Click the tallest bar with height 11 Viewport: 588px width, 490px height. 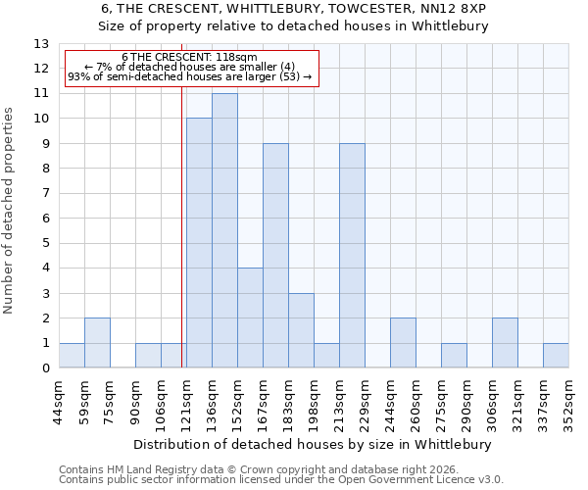(x=224, y=230)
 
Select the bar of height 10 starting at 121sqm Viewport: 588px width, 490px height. (x=199, y=243)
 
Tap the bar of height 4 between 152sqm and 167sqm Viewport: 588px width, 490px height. (x=250, y=318)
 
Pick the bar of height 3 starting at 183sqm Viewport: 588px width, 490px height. (x=301, y=330)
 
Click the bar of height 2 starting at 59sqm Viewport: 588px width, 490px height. (x=97, y=343)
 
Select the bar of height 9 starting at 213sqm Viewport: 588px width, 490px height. (x=352, y=256)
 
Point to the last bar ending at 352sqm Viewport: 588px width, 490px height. (x=556, y=356)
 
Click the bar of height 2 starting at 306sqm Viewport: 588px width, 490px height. (x=505, y=343)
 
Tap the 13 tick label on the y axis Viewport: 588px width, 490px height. (x=40, y=44)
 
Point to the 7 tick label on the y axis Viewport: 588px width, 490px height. (x=44, y=194)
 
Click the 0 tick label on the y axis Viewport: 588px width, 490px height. (x=44, y=368)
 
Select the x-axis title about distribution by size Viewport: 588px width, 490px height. (x=314, y=444)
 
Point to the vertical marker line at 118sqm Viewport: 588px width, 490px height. (x=182, y=225)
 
